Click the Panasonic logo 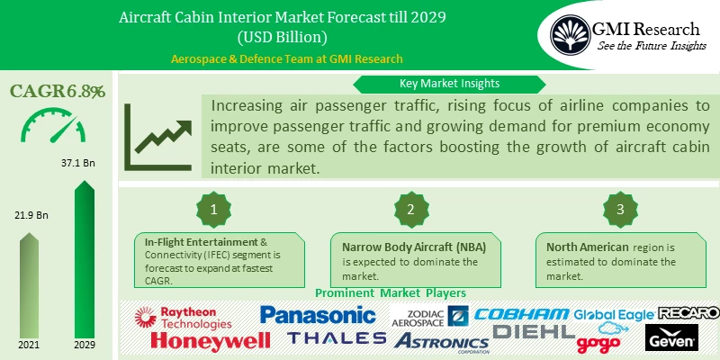click(317, 315)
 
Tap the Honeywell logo click(210, 340)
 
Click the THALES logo click(337, 338)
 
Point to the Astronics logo click(441, 341)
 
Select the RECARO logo click(688, 312)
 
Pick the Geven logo click(671, 338)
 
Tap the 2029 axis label click(83, 346)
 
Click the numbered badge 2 click(410, 209)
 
